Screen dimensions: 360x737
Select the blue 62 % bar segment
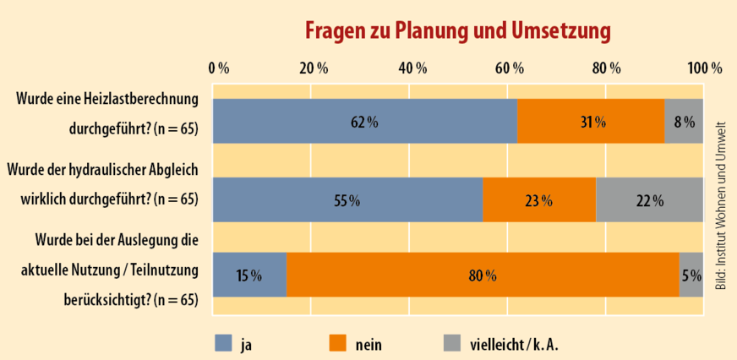(x=364, y=121)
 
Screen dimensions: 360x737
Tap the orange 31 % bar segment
(x=591, y=121)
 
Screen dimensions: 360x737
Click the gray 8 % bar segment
(x=685, y=121)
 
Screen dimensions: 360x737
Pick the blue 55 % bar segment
(x=347, y=200)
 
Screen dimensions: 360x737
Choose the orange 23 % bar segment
(x=539, y=200)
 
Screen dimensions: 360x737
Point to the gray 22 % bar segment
(x=650, y=200)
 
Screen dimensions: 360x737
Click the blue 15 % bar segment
(x=249, y=275)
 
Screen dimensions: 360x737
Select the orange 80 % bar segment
(x=483, y=275)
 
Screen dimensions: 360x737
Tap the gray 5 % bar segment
(x=691, y=275)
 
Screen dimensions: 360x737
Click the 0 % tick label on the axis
(x=219, y=68)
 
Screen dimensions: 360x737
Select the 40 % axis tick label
(x=412, y=68)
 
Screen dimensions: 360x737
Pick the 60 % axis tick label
(x=510, y=68)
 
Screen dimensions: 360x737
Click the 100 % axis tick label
(x=704, y=68)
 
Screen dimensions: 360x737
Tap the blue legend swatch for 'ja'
(x=224, y=343)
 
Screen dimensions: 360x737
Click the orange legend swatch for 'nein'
(x=339, y=343)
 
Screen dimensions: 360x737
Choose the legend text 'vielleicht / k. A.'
(x=514, y=344)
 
